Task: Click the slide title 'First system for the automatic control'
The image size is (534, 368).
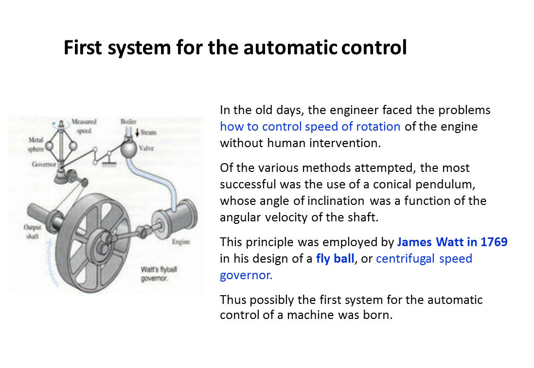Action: pos(235,48)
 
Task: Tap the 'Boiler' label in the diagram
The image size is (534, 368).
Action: pos(128,121)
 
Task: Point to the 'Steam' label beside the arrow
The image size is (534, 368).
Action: pos(148,133)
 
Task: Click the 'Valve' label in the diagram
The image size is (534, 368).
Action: pos(146,148)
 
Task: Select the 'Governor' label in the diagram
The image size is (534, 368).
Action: pos(44,164)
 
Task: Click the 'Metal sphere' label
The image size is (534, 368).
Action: pos(36,144)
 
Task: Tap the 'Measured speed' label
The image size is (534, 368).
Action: pos(84,126)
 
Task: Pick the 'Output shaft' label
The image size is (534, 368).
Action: pos(33,232)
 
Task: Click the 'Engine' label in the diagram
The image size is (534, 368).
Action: pos(180,242)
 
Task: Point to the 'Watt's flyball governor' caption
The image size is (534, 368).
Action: pos(159,274)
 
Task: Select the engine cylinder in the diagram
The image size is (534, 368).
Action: pos(175,218)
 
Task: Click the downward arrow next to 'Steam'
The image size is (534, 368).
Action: pos(137,133)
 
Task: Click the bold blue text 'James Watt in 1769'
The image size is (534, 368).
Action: pos(452,242)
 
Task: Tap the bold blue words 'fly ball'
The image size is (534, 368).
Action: pos(335,258)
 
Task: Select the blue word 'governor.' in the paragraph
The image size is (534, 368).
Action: pos(246,275)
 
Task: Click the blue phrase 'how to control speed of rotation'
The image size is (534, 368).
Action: pos(310,127)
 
